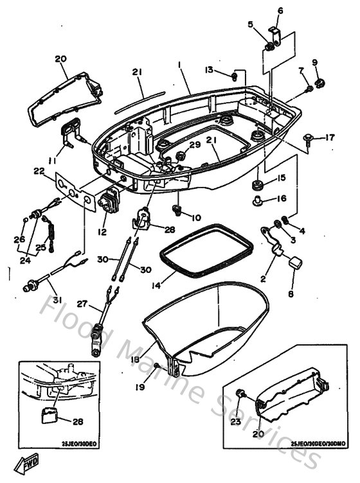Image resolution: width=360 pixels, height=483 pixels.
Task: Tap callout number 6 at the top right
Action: pyautogui.click(x=280, y=10)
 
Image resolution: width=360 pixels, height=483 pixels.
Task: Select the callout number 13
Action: pyautogui.click(x=209, y=69)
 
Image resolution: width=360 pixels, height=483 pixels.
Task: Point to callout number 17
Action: pyautogui.click(x=329, y=137)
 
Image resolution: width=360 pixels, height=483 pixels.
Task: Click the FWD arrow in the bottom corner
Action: pyautogui.click(x=30, y=463)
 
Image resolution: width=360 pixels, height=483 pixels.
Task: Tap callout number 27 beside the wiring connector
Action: pyautogui.click(x=81, y=304)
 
